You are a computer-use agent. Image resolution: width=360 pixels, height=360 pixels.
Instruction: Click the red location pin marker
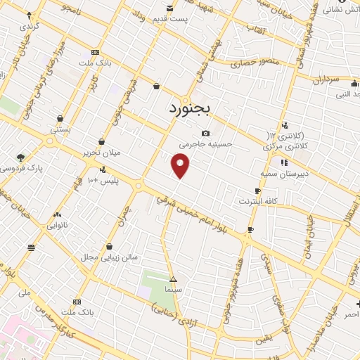click(181, 166)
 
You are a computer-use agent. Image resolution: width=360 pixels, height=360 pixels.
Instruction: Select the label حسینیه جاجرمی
click(205, 144)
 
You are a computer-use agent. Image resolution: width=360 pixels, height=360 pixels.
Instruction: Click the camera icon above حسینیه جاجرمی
click(205, 133)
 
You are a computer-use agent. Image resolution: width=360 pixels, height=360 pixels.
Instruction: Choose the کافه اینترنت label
click(259, 202)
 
